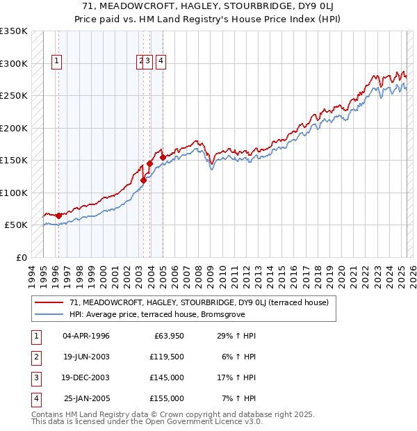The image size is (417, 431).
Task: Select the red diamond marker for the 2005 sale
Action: [x=163, y=157]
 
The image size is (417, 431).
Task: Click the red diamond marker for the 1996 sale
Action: [x=58, y=215]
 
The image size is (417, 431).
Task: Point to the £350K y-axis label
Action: [x=14, y=31]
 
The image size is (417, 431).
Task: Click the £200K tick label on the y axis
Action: [x=14, y=128]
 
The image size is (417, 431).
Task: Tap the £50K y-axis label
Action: [x=16, y=225]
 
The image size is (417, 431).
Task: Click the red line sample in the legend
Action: [x=49, y=302]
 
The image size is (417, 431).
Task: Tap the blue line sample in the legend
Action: [x=49, y=314]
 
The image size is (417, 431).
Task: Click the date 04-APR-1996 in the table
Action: [x=86, y=336]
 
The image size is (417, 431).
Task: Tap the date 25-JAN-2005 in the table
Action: [x=86, y=398]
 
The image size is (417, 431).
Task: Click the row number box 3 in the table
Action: [x=35, y=377]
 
